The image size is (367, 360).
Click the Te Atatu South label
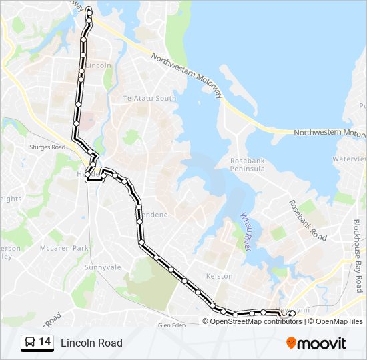click(149, 98)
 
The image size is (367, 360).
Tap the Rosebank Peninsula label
click(247, 165)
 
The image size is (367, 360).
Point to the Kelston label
click(220, 275)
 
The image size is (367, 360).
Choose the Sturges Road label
click(48, 147)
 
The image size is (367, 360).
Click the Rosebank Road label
click(308, 220)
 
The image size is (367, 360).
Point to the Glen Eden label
click(172, 325)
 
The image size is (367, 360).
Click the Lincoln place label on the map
click(99, 65)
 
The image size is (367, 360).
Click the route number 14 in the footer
click(45, 342)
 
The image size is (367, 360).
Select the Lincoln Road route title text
click(91, 343)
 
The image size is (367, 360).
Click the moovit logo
click(316, 343)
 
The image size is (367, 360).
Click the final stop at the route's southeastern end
click(292, 313)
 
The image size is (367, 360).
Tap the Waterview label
click(350, 159)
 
